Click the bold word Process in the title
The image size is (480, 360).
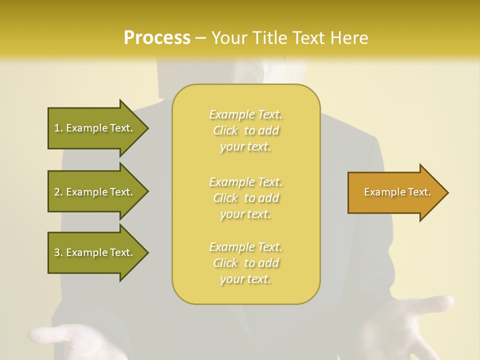tap(157, 38)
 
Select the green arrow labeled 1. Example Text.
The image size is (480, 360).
tap(95, 128)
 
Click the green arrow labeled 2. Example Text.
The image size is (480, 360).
tap(95, 192)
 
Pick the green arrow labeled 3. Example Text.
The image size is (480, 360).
tap(95, 252)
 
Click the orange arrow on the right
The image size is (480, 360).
tap(395, 192)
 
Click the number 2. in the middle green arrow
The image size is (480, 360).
tap(58, 192)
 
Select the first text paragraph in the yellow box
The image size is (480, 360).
tap(246, 130)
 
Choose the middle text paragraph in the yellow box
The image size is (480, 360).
tap(246, 198)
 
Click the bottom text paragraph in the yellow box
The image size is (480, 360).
tap(246, 263)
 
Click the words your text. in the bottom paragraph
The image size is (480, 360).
tap(245, 279)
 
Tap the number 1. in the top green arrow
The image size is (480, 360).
tap(58, 128)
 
